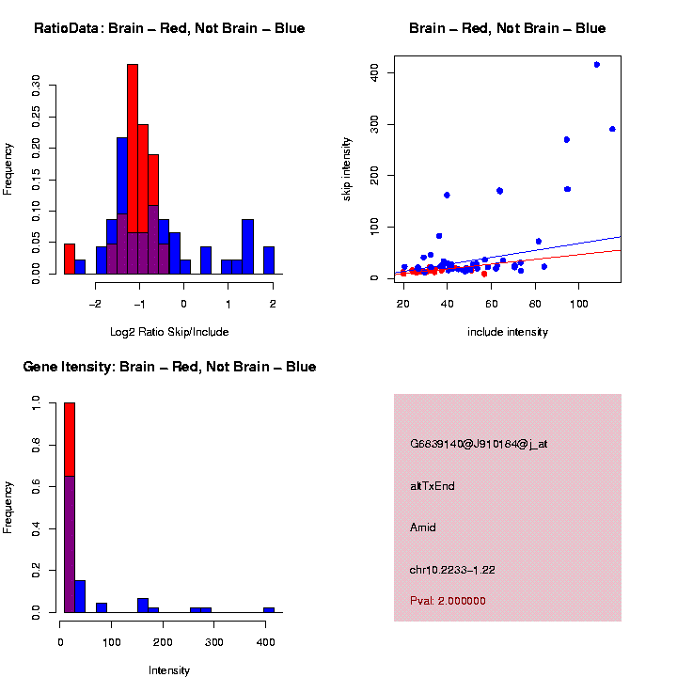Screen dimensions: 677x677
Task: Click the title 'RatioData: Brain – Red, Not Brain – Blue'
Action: pyautogui.click(x=169, y=28)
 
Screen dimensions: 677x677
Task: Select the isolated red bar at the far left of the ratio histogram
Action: pyautogui.click(x=70, y=259)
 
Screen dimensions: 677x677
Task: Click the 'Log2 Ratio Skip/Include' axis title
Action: pyautogui.click(x=168, y=331)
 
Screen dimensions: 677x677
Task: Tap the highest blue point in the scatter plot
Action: pyautogui.click(x=596, y=65)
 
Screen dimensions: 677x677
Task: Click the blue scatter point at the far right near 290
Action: pyautogui.click(x=612, y=129)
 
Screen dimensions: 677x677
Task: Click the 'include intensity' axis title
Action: pyautogui.click(x=507, y=331)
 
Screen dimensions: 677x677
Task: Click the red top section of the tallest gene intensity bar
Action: pyautogui.click(x=70, y=439)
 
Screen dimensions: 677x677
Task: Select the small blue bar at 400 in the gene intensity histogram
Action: pyautogui.click(x=269, y=610)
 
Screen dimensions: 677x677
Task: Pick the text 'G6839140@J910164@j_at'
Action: pyautogui.click(x=479, y=444)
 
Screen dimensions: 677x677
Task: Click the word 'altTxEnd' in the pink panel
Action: pyautogui.click(x=433, y=486)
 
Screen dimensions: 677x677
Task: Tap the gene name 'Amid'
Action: pyautogui.click(x=423, y=527)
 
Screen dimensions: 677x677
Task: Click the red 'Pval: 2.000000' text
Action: pyautogui.click(x=448, y=601)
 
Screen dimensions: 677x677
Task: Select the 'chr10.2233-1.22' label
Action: pyautogui.click(x=452, y=570)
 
